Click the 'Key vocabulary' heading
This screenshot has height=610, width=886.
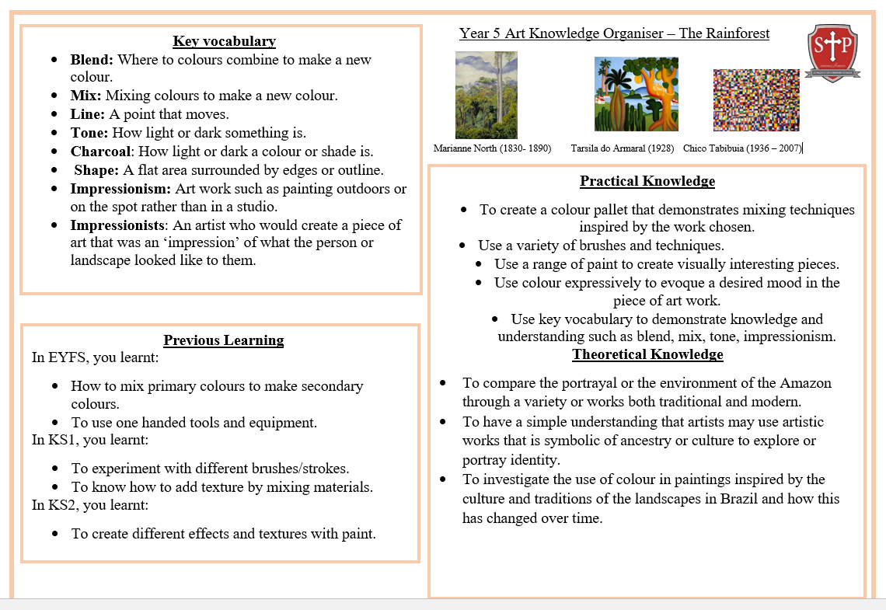coord(224,41)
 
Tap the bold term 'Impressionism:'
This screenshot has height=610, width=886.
coord(120,188)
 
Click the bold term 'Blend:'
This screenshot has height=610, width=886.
coord(92,59)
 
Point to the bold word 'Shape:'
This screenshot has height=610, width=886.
coord(96,169)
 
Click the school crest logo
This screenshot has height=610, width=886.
coord(831,51)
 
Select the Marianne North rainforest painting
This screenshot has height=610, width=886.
coord(486,95)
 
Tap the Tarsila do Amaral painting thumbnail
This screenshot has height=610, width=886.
coord(636,93)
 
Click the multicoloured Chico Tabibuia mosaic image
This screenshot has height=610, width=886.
coord(755,99)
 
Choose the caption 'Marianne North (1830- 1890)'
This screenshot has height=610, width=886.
coord(492,148)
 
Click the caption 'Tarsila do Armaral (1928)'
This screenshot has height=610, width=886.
coord(623,148)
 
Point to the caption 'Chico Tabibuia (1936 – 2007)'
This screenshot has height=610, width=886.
coord(741,148)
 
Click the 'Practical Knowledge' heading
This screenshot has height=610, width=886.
coord(647,181)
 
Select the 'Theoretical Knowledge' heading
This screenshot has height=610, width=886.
coord(647,354)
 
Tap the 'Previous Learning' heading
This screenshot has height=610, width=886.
coord(223,340)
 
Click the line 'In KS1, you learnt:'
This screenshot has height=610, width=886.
coord(89,440)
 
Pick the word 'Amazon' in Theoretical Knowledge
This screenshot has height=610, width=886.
coord(806,382)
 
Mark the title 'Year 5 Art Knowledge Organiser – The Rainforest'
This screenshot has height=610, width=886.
coord(614,33)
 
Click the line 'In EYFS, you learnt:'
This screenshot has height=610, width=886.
coord(95,357)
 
